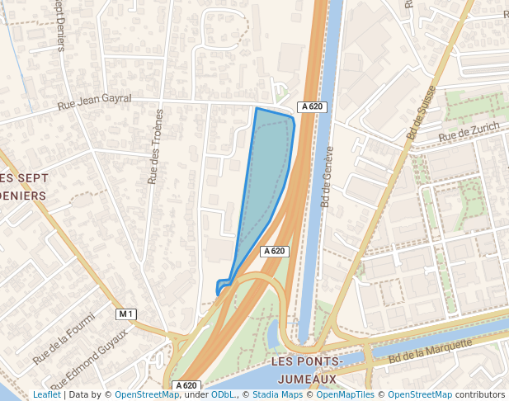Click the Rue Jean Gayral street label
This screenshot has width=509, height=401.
coord(94,102)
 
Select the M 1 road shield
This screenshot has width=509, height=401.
coord(125,314)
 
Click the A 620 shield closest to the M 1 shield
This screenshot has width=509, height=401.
coord(186,385)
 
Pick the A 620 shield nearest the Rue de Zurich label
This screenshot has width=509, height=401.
coord(312,106)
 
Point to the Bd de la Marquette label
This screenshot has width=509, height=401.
coord(430,351)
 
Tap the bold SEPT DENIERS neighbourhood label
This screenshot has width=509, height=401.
coord(24,187)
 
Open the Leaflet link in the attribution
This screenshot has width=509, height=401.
coord(46,395)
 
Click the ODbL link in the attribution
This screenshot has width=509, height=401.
coord(222,395)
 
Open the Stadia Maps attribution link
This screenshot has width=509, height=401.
coord(276,395)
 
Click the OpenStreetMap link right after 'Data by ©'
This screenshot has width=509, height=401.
coord(147,395)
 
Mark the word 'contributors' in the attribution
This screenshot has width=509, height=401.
coord(480,395)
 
